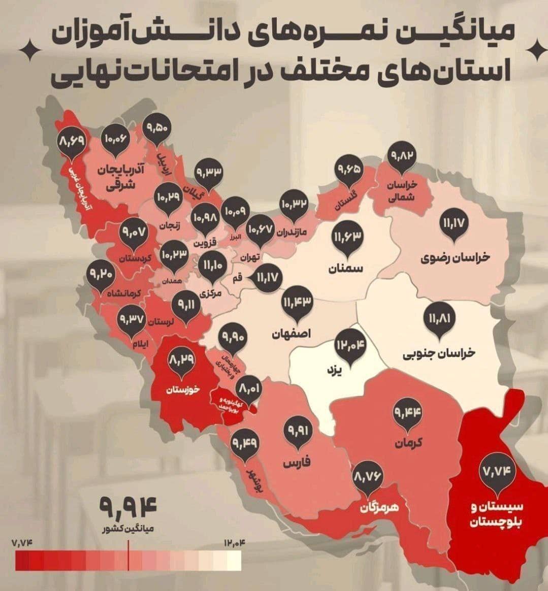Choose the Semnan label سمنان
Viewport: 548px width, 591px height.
pos(347,269)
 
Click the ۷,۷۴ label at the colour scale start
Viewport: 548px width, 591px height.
pos(22,543)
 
